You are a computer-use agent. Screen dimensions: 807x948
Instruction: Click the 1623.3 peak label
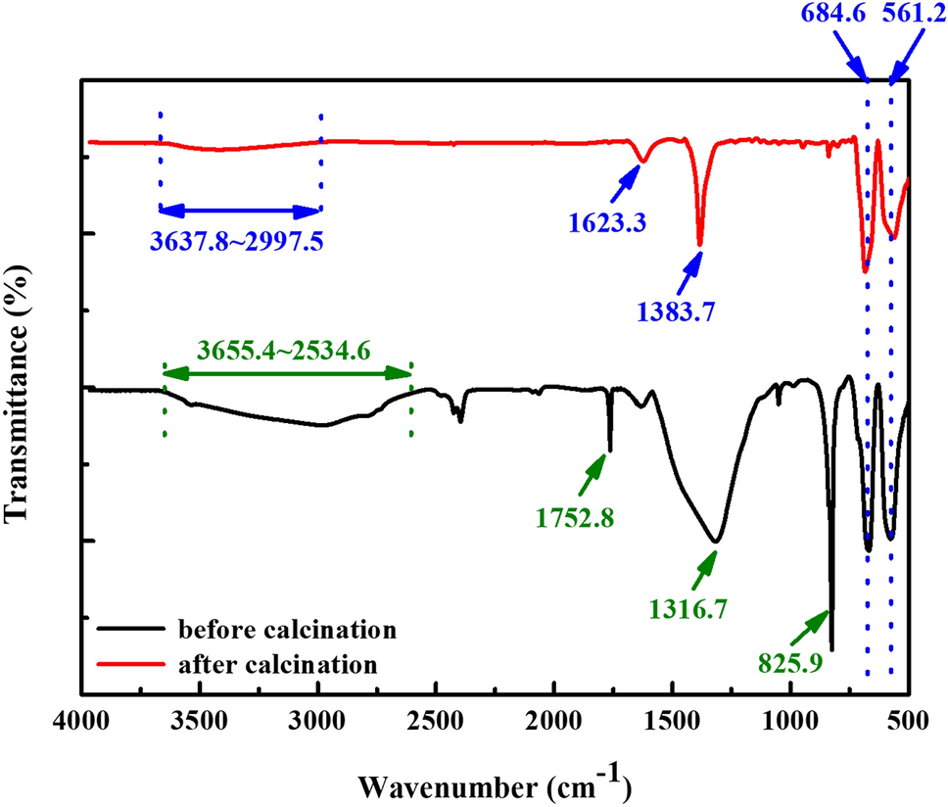[610, 222]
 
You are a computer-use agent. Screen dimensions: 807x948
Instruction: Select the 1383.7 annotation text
[674, 311]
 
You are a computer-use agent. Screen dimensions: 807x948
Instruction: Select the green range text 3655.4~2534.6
[283, 350]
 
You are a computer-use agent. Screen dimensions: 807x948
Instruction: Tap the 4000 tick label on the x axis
[81, 727]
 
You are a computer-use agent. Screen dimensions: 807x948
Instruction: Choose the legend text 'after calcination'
[278, 665]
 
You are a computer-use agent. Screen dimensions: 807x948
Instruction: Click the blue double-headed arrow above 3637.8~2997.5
[240, 210]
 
